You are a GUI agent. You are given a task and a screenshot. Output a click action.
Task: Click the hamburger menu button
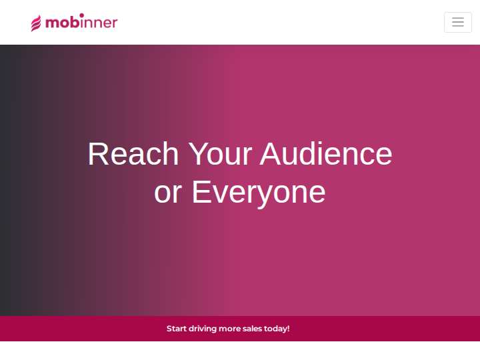(x=457, y=22)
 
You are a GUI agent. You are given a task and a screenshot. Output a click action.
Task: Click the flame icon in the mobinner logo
(x=36, y=23)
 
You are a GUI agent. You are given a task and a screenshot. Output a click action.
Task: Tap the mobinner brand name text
(x=81, y=21)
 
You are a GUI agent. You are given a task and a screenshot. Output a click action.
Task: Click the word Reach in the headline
(x=133, y=154)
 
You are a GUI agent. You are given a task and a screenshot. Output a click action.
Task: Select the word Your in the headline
(x=220, y=154)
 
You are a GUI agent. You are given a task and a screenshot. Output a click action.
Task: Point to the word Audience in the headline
(x=326, y=154)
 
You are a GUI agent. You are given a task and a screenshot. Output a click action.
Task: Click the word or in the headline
(x=168, y=193)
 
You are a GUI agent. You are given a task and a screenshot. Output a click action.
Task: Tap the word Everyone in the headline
(x=259, y=193)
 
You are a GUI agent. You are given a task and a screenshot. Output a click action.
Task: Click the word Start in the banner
(x=176, y=329)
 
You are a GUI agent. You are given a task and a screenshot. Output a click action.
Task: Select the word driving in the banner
(x=203, y=329)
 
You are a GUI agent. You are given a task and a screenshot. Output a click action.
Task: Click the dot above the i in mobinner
(x=81, y=15)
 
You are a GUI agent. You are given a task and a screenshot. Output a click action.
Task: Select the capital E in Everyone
(x=201, y=192)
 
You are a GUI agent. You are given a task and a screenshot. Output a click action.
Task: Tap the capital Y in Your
(x=199, y=154)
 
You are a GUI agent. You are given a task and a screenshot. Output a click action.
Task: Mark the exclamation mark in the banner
(x=289, y=329)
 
